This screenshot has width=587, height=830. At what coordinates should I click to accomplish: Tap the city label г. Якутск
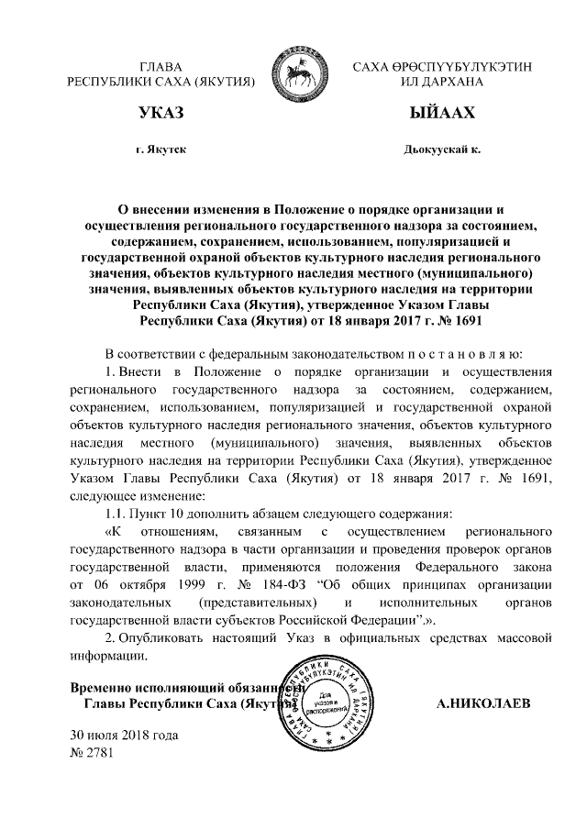(160, 149)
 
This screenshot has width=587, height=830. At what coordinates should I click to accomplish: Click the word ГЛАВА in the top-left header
(160, 68)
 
